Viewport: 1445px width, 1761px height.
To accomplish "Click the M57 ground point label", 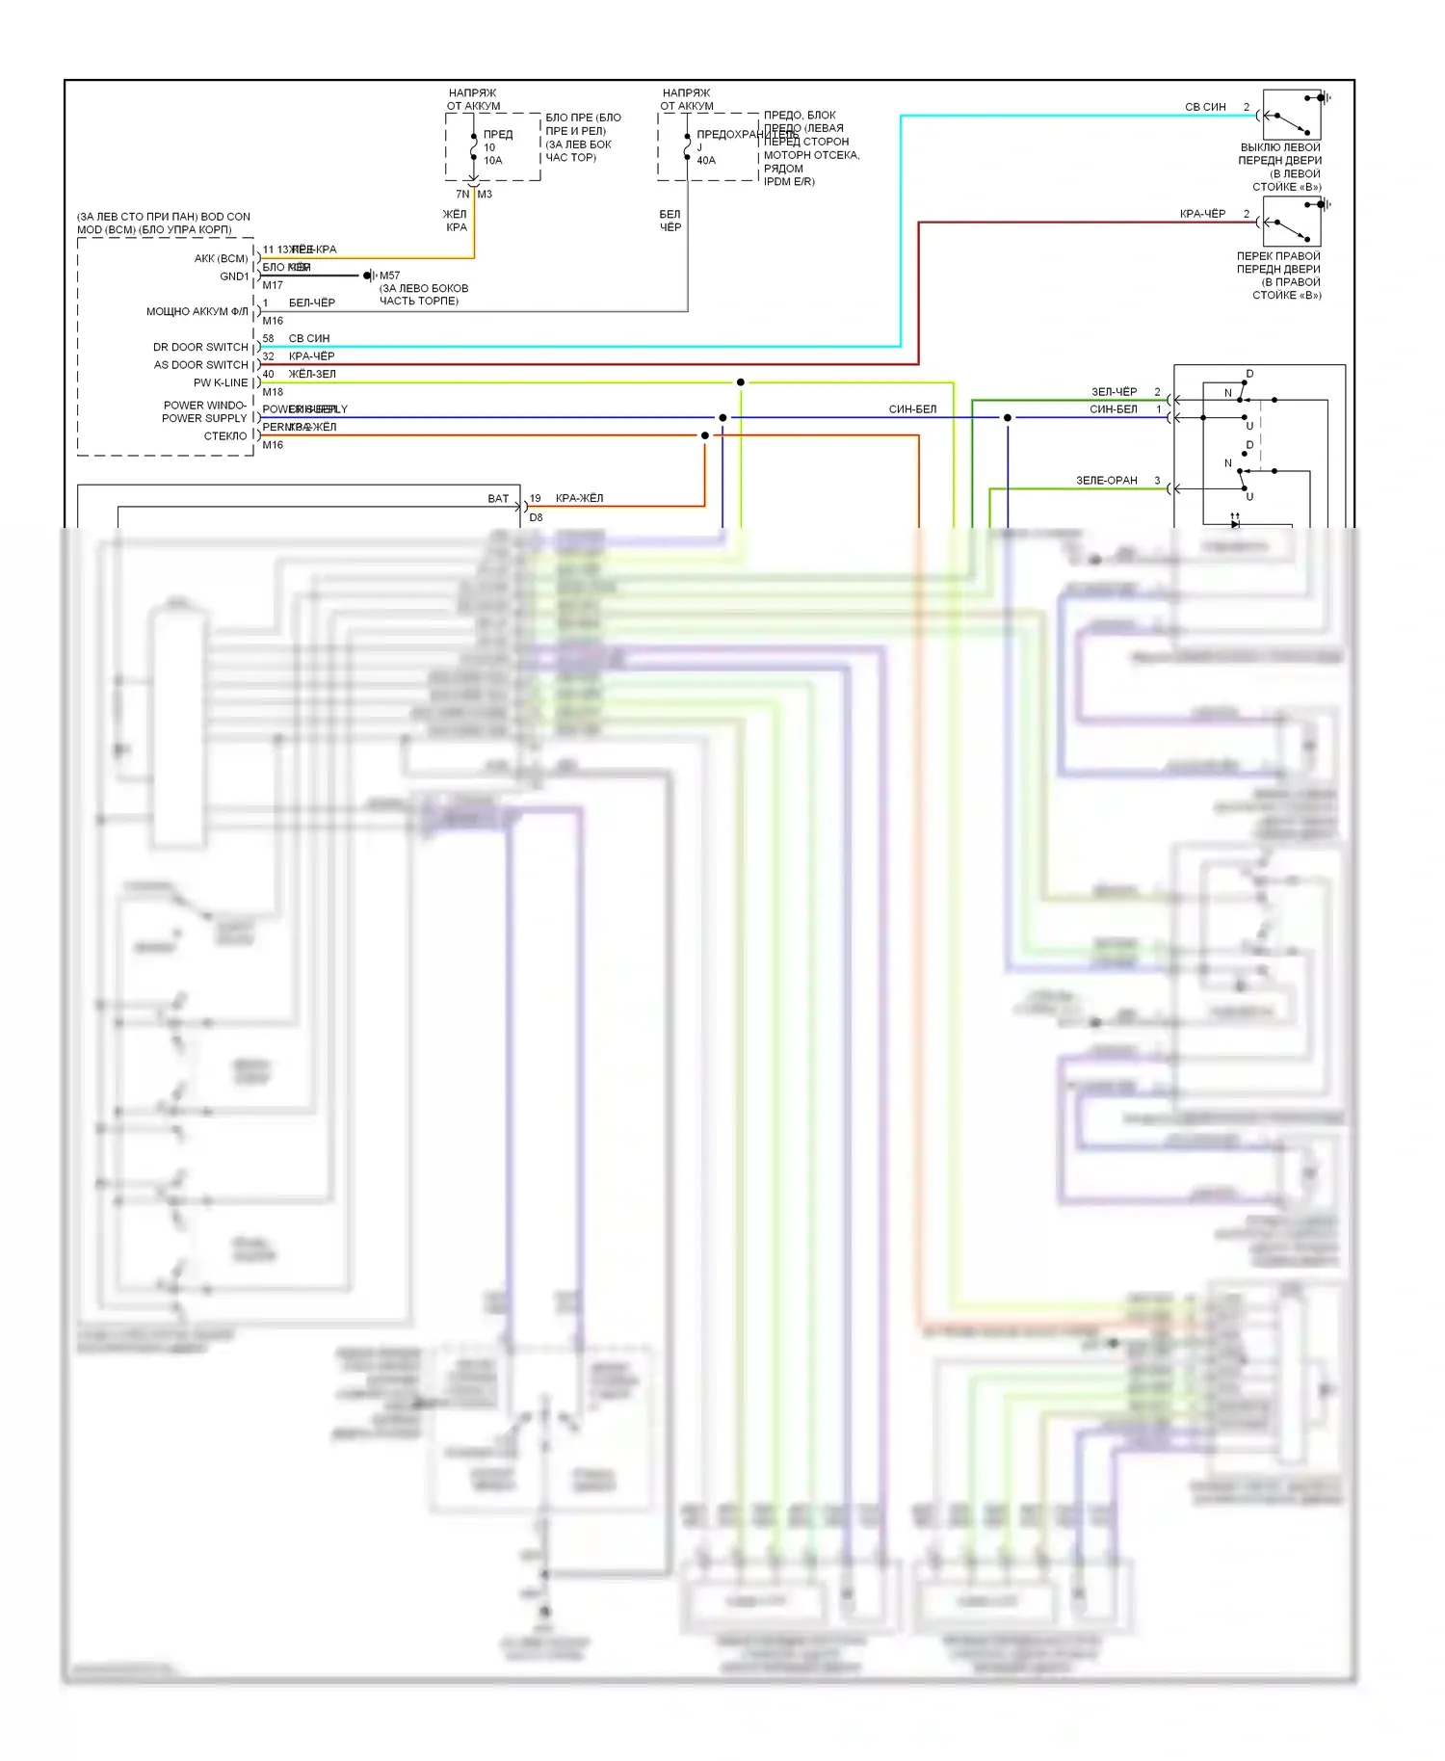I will click(x=389, y=276).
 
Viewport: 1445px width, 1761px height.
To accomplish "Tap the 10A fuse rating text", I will click(x=492, y=161).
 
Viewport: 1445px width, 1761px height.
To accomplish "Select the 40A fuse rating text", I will click(x=706, y=161).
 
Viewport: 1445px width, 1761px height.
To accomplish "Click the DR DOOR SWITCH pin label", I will click(x=200, y=347).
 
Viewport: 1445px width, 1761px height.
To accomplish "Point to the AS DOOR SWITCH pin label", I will click(x=200, y=365).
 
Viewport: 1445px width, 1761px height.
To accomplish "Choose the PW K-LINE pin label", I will click(x=221, y=382).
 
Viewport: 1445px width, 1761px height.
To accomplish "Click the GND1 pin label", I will click(x=234, y=276).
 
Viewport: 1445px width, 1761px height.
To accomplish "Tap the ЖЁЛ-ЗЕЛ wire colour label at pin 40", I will click(x=312, y=374).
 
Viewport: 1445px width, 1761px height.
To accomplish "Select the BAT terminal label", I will click(x=498, y=498).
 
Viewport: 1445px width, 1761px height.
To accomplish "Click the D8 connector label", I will click(x=536, y=517).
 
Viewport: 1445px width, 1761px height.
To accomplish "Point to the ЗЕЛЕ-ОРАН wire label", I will click(x=1106, y=480).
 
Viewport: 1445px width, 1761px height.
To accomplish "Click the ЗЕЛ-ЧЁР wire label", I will click(x=1114, y=392).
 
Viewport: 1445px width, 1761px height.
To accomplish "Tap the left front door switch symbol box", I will click(x=1291, y=116).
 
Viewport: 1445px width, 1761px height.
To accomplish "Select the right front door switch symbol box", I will click(x=1291, y=223).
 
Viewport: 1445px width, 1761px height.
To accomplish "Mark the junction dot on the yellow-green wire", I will click(x=740, y=382).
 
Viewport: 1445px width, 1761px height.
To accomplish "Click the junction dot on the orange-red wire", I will click(x=705, y=435).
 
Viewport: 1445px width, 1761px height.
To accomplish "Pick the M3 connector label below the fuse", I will click(x=485, y=195).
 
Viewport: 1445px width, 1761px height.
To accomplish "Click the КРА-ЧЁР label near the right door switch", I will click(x=1202, y=214).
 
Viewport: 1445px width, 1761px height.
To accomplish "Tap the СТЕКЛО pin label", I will click(x=225, y=436).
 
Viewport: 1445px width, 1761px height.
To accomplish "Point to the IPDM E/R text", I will click(x=789, y=182).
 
